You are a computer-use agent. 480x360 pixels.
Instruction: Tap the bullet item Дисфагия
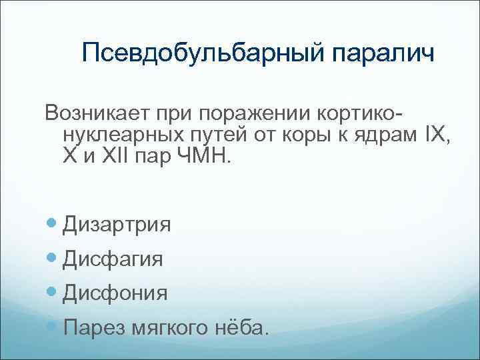(113, 259)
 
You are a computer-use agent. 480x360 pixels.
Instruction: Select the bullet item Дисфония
(115, 293)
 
